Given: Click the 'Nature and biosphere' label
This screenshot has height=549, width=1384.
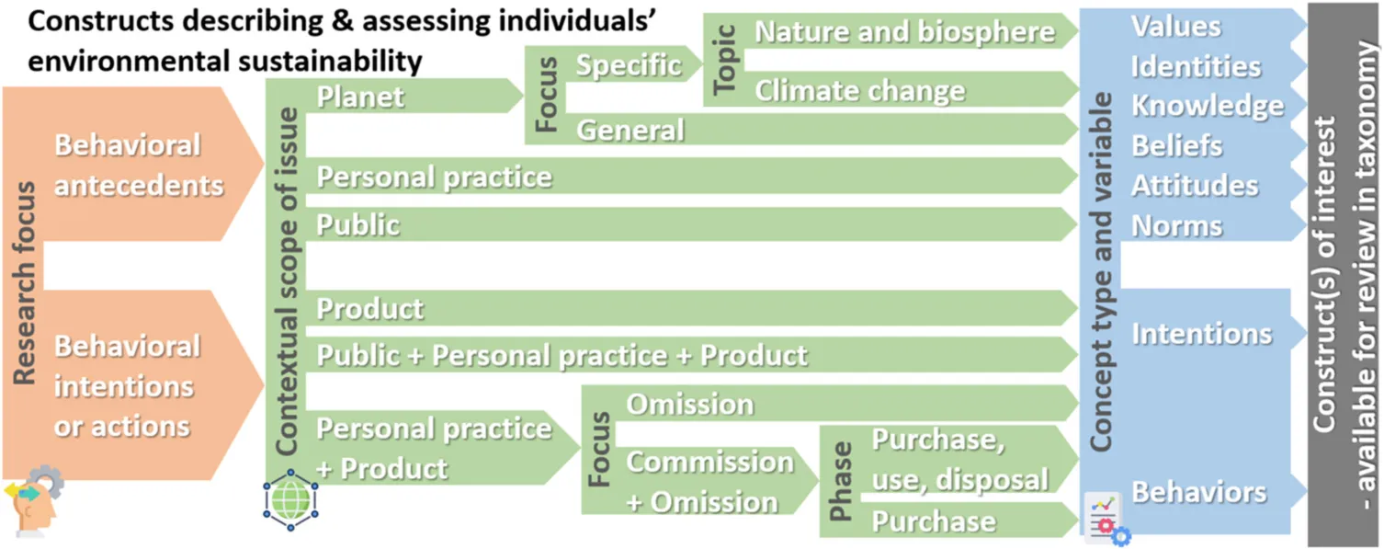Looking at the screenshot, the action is pyautogui.click(x=904, y=31).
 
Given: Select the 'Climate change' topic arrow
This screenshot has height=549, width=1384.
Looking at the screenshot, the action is pyautogui.click(x=890, y=90).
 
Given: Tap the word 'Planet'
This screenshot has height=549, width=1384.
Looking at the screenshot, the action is pyautogui.click(x=360, y=97).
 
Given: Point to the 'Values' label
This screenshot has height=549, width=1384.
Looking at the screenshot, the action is pyautogui.click(x=1175, y=26).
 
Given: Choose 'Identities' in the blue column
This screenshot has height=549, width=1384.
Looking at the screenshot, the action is pyautogui.click(x=1196, y=66).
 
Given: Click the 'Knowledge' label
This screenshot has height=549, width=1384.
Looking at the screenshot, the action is pyautogui.click(x=1208, y=107).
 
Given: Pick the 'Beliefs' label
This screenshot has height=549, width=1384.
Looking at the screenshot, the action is pyautogui.click(x=1176, y=146).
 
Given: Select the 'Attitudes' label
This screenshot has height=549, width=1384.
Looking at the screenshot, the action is pyautogui.click(x=1195, y=186).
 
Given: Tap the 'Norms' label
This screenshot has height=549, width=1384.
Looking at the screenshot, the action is pyautogui.click(x=1176, y=225).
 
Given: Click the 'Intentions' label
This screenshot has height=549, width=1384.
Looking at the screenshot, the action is pyautogui.click(x=1202, y=334).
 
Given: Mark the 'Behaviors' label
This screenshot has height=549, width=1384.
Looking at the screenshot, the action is pyautogui.click(x=1198, y=493).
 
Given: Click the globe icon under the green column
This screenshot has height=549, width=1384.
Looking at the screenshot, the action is pyautogui.click(x=290, y=499).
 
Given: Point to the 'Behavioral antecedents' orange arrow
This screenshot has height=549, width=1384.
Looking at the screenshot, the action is pyautogui.click(x=133, y=164).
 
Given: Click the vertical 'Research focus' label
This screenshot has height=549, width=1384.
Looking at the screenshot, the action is pyautogui.click(x=26, y=283).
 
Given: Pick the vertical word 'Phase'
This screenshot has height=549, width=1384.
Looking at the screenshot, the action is pyautogui.click(x=840, y=481).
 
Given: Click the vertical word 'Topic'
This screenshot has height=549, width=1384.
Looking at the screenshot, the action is pyautogui.click(x=724, y=60).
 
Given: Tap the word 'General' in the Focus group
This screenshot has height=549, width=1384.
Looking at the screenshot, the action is pyautogui.click(x=630, y=130).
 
